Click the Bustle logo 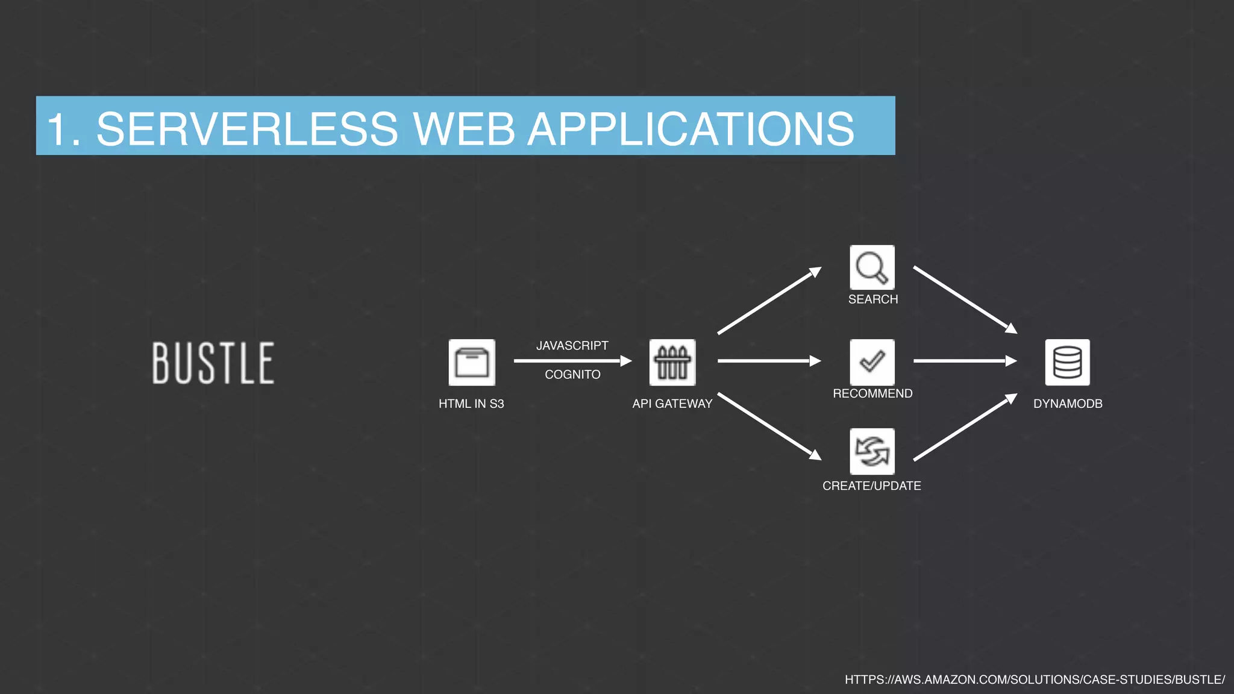point(213,363)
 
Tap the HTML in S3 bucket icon point(472,362)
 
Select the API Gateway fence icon point(672,362)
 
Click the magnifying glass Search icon point(872,267)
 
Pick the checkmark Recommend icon point(872,361)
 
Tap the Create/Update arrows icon point(872,451)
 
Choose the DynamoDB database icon point(1067,362)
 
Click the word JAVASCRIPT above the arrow point(572,346)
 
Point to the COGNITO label point(572,375)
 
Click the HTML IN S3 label point(471,404)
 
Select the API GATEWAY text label point(672,404)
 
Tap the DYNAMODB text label point(1068,404)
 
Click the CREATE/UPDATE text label point(871,486)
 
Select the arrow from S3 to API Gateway point(572,361)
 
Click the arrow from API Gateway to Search point(769,301)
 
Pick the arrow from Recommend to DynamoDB point(964,361)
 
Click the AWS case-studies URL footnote point(1035,680)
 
